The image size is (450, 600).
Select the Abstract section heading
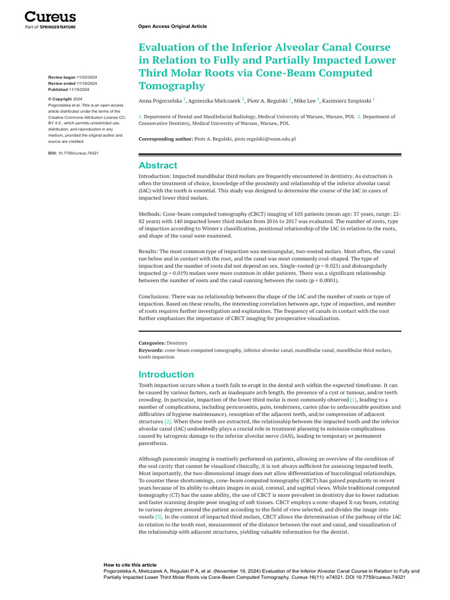(158, 166)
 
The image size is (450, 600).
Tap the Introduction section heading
(166, 374)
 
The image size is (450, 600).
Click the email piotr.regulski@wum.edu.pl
(265, 139)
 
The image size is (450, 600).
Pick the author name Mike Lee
(304, 101)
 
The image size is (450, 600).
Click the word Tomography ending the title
(172, 86)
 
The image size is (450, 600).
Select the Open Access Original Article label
(172, 26)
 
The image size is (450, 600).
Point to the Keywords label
(151, 350)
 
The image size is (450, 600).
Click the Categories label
(152, 342)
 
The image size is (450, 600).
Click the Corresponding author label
(166, 139)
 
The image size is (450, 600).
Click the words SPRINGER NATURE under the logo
(57, 27)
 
